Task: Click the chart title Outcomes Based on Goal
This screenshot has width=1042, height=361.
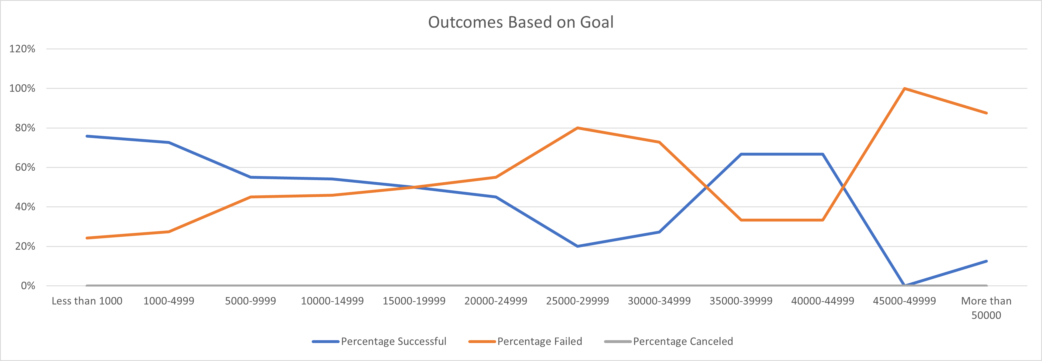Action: coord(521,22)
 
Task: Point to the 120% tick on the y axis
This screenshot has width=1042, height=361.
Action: coord(22,49)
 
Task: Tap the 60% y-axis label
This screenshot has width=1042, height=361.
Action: coord(25,167)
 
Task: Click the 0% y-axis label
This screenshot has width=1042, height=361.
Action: coord(28,286)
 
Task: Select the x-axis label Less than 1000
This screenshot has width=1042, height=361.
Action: coord(87,301)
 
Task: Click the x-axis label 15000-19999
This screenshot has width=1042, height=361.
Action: coord(414,301)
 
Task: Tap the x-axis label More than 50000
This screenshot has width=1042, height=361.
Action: coord(986,308)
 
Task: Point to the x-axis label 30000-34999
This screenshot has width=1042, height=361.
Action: coord(659,301)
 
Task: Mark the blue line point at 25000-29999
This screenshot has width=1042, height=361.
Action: coord(577,246)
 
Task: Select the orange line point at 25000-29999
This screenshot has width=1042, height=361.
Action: coord(577,128)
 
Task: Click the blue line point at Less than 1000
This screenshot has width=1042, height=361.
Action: coord(87,136)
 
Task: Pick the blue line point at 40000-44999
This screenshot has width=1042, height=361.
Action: coord(823,154)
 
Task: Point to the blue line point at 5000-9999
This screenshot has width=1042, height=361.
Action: coord(251,177)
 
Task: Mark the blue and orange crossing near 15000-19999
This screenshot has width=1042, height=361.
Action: coord(414,187)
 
